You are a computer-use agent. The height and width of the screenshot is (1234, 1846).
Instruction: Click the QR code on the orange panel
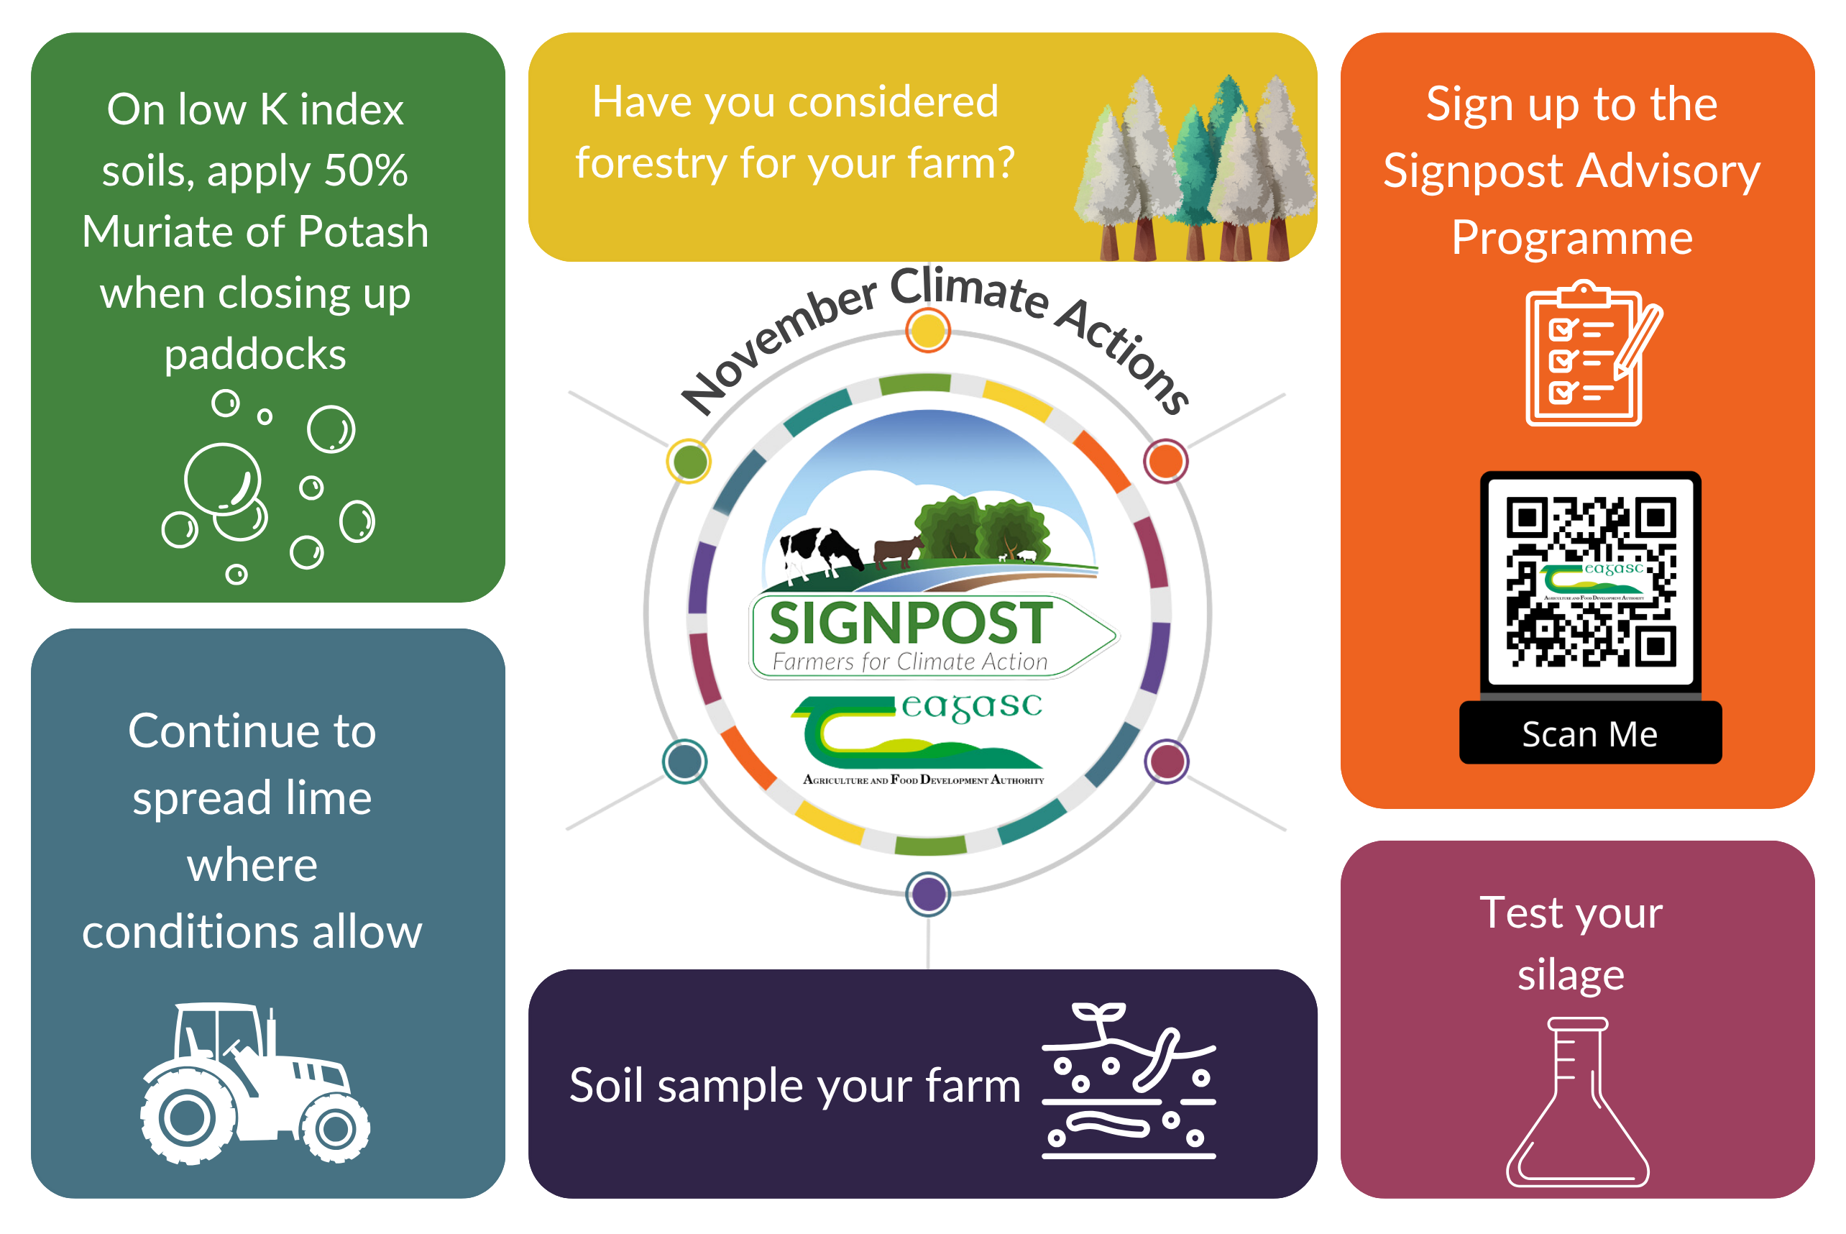[x=1589, y=581]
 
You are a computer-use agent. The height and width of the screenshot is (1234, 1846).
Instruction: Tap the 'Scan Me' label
[x=1589, y=733]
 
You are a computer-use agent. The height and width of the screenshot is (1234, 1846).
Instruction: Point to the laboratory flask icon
[x=1576, y=1102]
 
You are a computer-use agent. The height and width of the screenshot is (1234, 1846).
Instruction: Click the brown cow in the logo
[x=897, y=549]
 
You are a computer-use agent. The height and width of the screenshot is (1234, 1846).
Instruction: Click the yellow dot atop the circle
[x=928, y=330]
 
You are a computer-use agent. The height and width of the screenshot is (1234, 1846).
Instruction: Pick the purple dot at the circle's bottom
[x=928, y=894]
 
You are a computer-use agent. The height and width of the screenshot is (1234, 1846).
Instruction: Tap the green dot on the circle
[x=689, y=461]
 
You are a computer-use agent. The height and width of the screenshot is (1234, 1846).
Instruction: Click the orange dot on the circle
[x=1166, y=461]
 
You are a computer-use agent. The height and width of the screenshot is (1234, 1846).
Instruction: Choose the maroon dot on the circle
[x=1167, y=761]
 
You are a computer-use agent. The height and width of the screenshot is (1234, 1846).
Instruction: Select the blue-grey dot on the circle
[x=685, y=761]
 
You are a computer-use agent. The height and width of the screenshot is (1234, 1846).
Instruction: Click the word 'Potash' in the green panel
[x=364, y=232]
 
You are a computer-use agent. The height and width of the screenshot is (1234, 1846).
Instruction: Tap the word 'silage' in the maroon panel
[x=1570, y=976]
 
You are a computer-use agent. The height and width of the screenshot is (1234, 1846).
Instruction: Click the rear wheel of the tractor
[x=186, y=1118]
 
